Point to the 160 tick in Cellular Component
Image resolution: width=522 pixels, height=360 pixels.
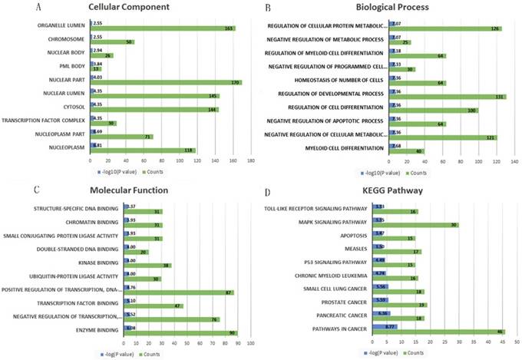233,161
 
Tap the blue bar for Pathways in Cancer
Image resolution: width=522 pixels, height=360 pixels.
385,326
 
